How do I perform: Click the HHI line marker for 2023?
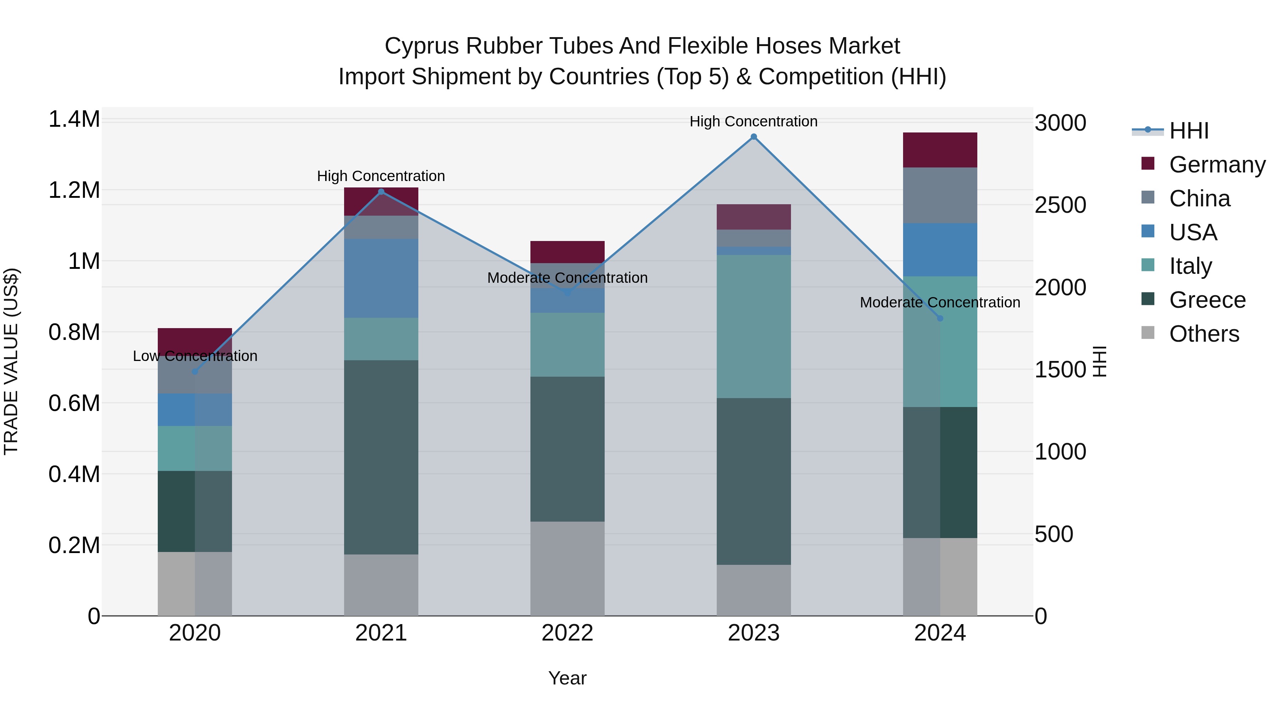click(754, 137)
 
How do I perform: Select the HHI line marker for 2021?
click(381, 192)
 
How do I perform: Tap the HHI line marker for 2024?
click(940, 318)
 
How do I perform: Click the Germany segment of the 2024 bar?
click(940, 150)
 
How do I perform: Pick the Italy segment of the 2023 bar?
click(754, 326)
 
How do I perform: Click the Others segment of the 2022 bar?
click(567, 568)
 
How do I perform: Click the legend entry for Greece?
click(1207, 300)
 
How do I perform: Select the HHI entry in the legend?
click(1188, 131)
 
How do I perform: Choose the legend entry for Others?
click(1203, 334)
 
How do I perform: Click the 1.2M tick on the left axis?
click(74, 190)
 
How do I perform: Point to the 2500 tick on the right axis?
click(1060, 205)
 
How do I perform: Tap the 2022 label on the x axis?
click(567, 633)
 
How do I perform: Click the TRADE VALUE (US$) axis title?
click(11, 361)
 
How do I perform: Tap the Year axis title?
click(567, 678)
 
